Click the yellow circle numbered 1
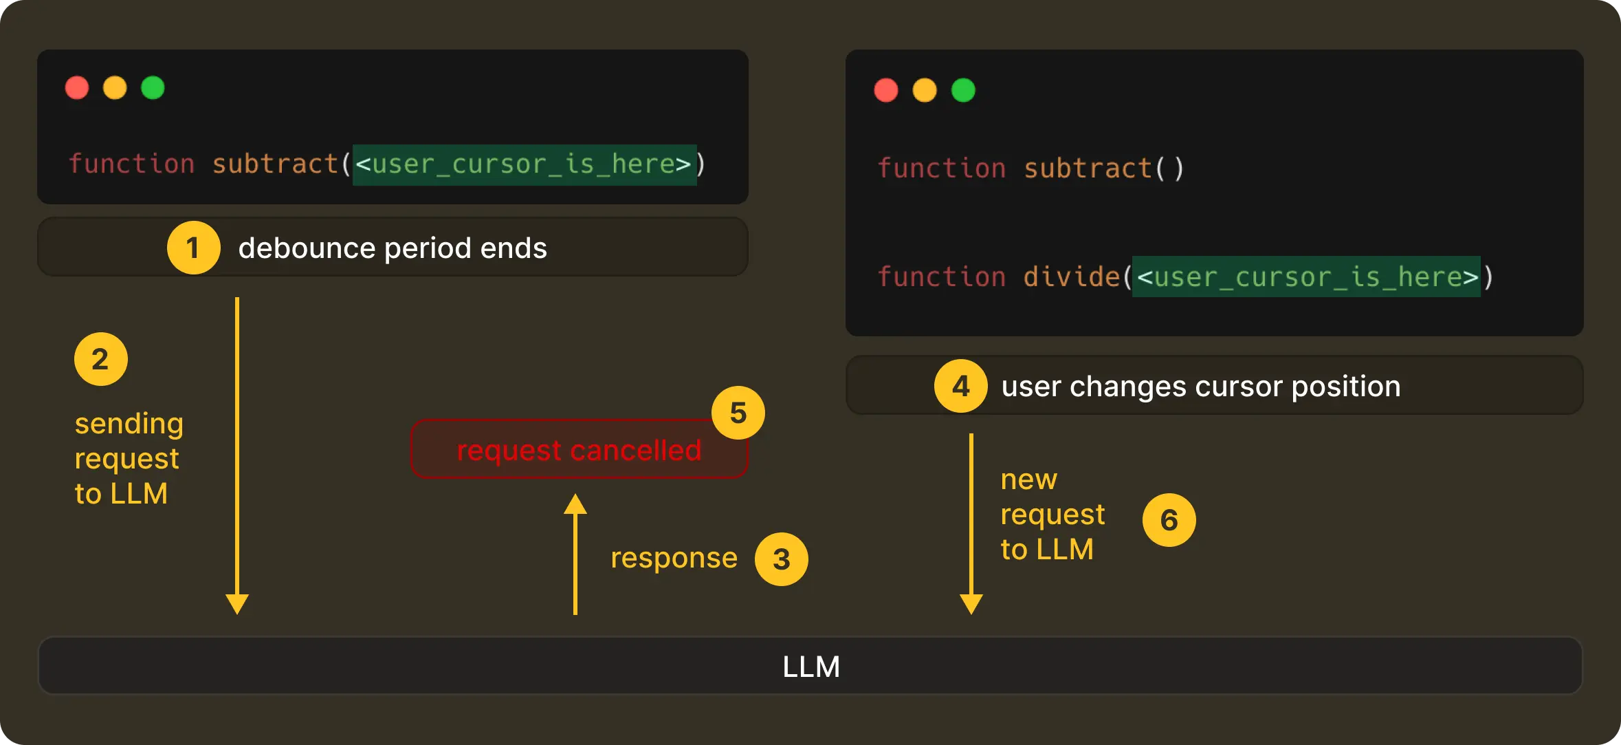[x=193, y=248]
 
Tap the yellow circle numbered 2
[x=100, y=359]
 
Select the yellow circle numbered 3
[x=781, y=559]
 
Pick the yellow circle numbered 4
[x=960, y=386]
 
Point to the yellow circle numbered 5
[x=738, y=413]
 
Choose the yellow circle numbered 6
[x=1169, y=520]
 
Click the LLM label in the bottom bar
[x=811, y=667]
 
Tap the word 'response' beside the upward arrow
[x=674, y=558]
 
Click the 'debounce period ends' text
[x=393, y=248]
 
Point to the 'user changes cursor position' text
[x=1200, y=387]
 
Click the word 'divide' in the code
[x=1071, y=277]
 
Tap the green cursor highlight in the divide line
[x=1306, y=277]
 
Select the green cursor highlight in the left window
[x=525, y=164]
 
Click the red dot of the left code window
[x=77, y=88]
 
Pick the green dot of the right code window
[x=963, y=90]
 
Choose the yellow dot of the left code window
[x=115, y=88]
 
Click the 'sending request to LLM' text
[x=129, y=459]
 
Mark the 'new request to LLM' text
[x=1052, y=515]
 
